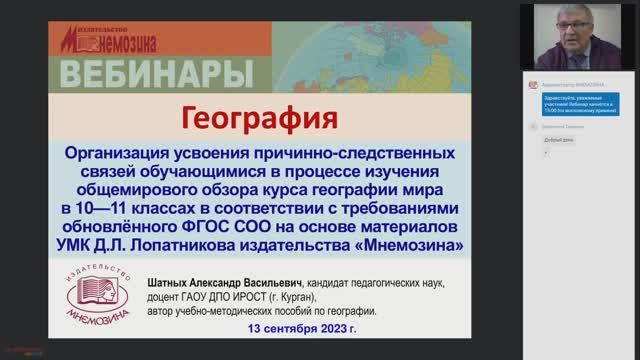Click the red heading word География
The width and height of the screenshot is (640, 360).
257,120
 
